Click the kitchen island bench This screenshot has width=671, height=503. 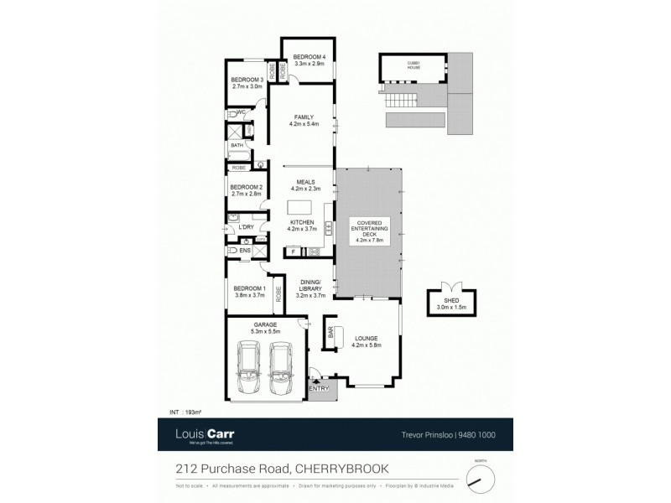[300, 206]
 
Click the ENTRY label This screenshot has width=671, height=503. [320, 388]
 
